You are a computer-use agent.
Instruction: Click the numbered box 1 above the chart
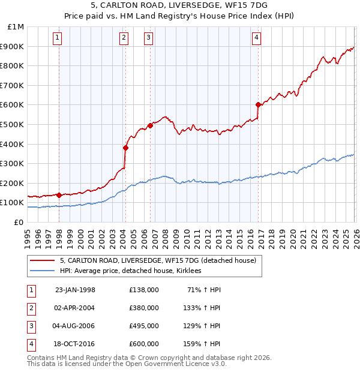[x=58, y=38]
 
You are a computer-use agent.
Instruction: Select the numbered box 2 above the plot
[x=124, y=38]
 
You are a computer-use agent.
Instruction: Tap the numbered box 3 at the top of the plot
[x=148, y=38]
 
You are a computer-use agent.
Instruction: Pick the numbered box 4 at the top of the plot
[x=256, y=38]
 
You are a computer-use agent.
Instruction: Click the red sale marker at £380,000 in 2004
[x=125, y=148]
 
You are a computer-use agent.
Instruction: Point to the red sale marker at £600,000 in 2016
[x=258, y=104]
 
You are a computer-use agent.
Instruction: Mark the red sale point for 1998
[x=59, y=195]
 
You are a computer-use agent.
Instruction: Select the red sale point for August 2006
[x=150, y=125]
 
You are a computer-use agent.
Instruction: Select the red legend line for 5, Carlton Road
[x=43, y=260]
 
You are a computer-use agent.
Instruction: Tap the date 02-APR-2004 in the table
[x=75, y=308]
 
